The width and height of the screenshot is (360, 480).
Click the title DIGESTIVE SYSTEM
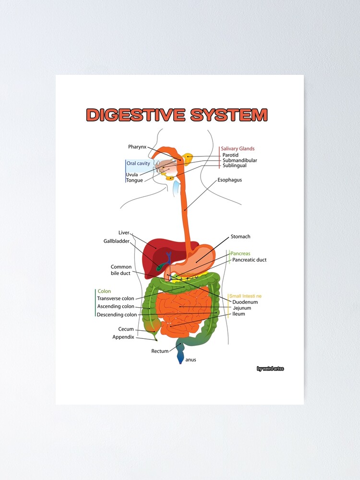177,115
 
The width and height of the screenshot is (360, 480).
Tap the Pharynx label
137,146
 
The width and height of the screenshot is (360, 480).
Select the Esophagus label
229,180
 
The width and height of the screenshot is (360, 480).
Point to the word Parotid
230,155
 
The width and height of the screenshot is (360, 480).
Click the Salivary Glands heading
238,149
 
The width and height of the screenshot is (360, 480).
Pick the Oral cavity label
138,164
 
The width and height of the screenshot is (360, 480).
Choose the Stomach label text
240,237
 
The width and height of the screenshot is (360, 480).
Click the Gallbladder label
117,241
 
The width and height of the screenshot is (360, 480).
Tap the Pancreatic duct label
249,260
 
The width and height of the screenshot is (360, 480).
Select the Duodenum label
245,302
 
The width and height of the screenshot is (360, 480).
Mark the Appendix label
123,337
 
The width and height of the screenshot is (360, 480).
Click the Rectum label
160,351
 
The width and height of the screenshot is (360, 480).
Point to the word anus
191,360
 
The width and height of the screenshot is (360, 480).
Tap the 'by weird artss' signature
270,369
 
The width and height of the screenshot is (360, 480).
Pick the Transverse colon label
116,299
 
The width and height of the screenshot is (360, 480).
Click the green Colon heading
104,291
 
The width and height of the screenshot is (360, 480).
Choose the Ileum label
239,314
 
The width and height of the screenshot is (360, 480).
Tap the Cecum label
126,329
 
